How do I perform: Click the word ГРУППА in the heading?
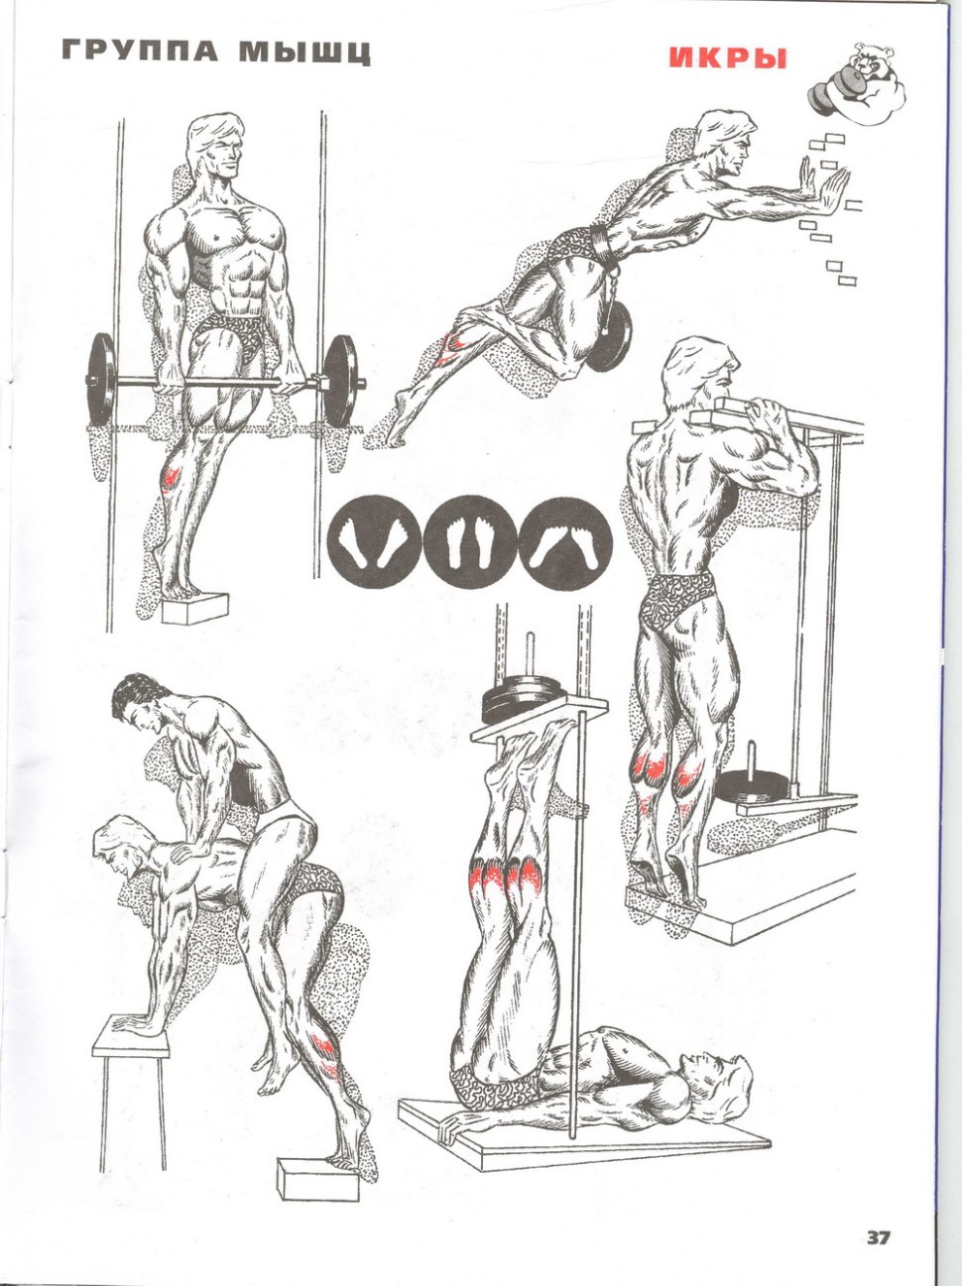click(141, 53)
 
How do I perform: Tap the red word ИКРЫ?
click(728, 58)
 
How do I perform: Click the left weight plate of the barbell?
click(101, 382)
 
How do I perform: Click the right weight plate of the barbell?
click(340, 381)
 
